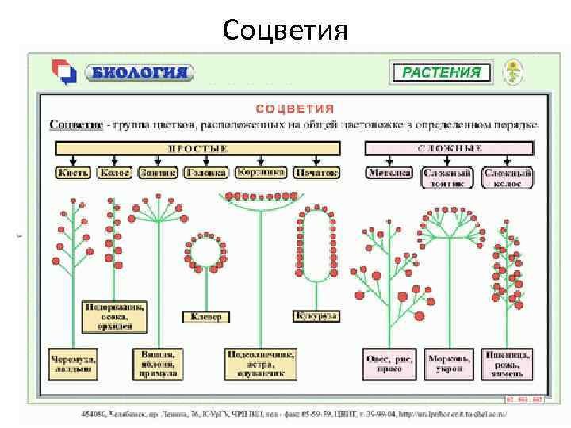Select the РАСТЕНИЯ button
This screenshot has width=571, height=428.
point(441,73)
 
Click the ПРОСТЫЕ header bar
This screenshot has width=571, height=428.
point(197,148)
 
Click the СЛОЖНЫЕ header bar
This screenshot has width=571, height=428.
point(450,148)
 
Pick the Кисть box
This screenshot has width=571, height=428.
point(75,172)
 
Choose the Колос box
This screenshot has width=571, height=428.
point(115,172)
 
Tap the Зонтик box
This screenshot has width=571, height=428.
point(157,172)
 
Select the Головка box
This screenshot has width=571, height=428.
point(205,172)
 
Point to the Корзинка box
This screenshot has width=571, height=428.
point(261,172)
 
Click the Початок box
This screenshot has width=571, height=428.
point(316,172)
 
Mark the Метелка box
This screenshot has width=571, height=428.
point(389,172)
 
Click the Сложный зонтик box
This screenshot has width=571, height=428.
point(448,178)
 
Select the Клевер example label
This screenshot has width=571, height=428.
point(206,316)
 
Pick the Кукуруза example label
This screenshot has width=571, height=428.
point(316,315)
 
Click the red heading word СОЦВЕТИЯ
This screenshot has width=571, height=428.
point(294,109)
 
